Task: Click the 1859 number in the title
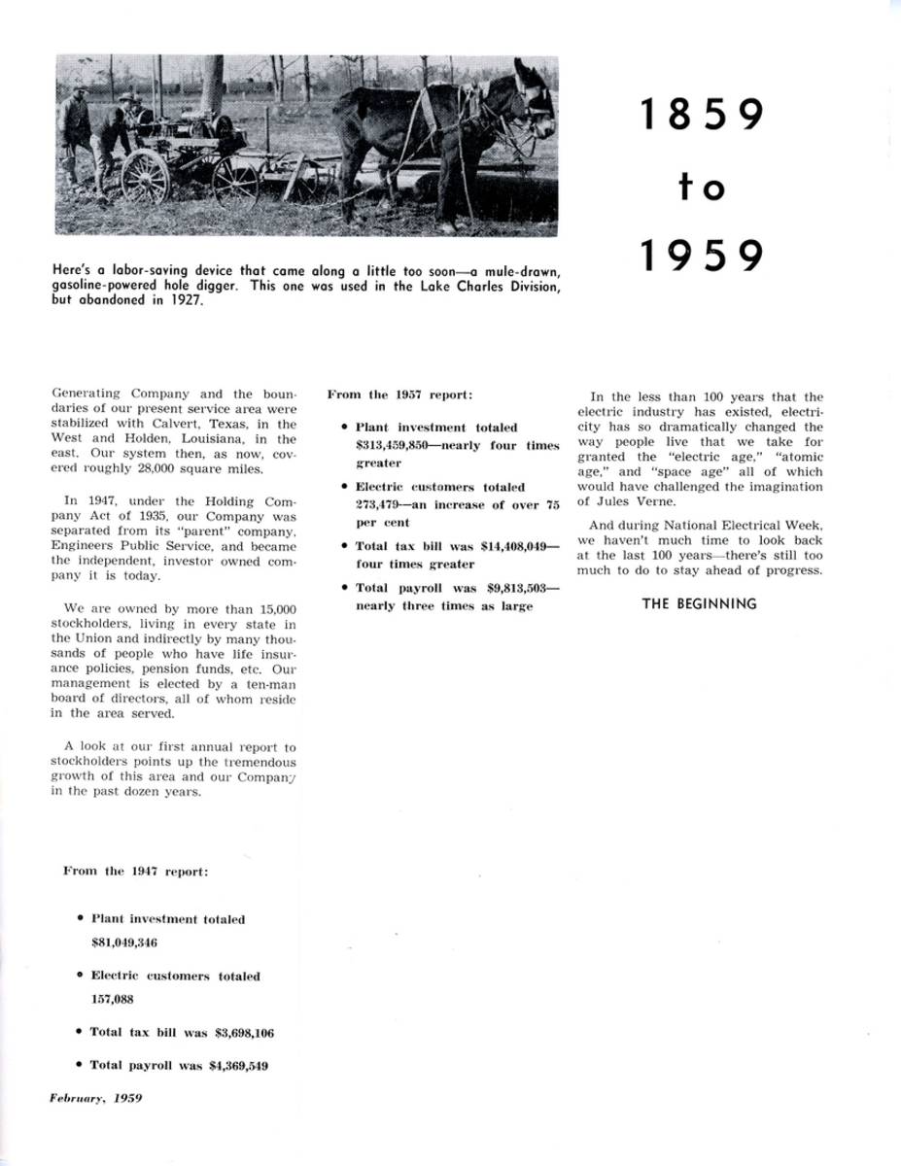[700, 115]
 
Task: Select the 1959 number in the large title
[700, 256]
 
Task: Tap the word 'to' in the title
[701, 187]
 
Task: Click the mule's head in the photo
[534, 96]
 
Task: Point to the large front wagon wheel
[147, 176]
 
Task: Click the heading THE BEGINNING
[699, 603]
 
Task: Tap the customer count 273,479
[377, 504]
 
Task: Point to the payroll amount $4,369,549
[238, 1065]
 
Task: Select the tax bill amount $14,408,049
[516, 546]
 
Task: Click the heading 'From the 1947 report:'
[135, 872]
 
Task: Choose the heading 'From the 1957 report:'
[400, 394]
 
